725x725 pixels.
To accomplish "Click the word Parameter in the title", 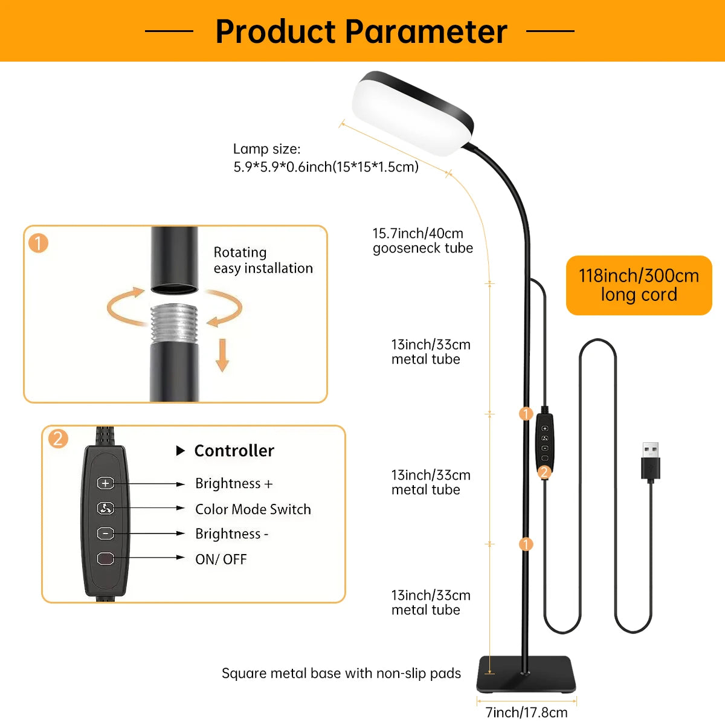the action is point(427,31).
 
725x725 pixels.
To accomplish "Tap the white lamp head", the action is point(413,113).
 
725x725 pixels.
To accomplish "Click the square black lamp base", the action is point(526,675).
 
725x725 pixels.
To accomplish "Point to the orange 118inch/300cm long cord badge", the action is point(639,285).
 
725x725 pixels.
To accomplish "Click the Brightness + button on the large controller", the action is point(105,483).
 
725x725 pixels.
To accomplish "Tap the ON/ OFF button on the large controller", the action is point(105,559).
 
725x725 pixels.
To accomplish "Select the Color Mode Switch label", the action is point(253,509).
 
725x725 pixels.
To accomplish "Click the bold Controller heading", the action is point(234,451).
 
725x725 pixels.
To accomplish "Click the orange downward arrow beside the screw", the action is point(222,355).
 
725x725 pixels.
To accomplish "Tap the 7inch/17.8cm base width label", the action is point(526,712).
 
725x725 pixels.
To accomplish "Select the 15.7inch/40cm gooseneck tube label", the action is point(422,241).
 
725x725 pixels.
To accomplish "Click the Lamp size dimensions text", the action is point(326,158).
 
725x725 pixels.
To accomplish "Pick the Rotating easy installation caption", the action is point(263,260).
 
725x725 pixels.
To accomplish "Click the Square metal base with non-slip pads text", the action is point(341,673).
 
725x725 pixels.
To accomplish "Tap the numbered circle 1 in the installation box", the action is point(39,243).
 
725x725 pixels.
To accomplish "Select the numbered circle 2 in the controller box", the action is point(58,439).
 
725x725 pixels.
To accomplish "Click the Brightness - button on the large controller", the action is point(105,533).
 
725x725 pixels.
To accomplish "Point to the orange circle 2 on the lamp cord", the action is point(544,472).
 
